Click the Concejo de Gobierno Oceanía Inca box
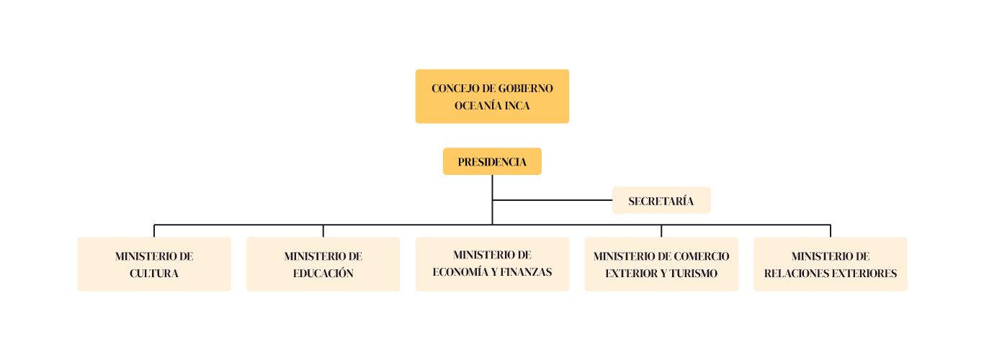pos(492,96)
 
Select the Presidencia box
pos(492,162)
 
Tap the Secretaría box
pos(661,201)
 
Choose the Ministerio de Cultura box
pos(154,264)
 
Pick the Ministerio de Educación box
pos(323,264)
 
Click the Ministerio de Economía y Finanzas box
pos(492,264)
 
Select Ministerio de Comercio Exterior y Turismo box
pos(661,264)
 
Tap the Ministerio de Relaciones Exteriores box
pos(831,264)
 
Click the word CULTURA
pos(154,274)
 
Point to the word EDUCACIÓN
pos(323,274)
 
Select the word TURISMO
pos(694,274)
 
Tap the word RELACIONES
pos(794,274)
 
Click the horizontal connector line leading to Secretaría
pos(552,200)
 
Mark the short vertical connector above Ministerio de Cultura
pos(154,230)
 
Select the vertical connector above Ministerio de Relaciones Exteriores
pos(831,230)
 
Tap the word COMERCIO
pos(701,256)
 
